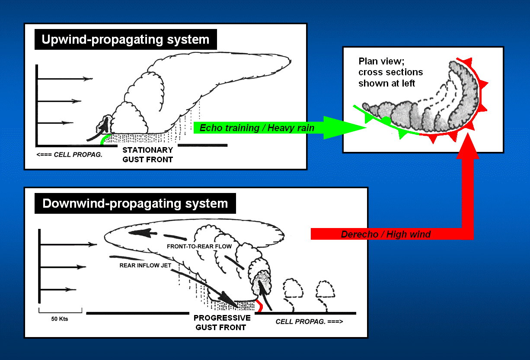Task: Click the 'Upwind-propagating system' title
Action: click(125, 39)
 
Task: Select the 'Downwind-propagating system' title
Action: click(135, 203)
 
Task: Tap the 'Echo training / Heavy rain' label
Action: click(257, 128)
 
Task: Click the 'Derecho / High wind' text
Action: click(386, 234)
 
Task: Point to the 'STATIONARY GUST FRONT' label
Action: click(148, 154)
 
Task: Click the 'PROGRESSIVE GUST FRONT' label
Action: click(222, 323)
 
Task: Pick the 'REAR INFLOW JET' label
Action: click(145, 266)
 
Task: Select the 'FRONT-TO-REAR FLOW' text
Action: click(199, 247)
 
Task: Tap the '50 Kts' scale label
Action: click(60, 319)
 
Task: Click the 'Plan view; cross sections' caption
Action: click(391, 67)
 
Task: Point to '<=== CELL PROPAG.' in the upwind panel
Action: click(69, 154)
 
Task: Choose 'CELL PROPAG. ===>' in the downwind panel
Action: click(309, 321)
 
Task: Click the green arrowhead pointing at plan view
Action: click(344, 128)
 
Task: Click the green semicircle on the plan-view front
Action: click(386, 120)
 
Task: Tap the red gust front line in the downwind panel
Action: click(260, 306)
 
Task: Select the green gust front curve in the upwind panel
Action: click(104, 138)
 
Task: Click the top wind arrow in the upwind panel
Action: click(65, 79)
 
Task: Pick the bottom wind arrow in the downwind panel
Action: click(58, 289)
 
